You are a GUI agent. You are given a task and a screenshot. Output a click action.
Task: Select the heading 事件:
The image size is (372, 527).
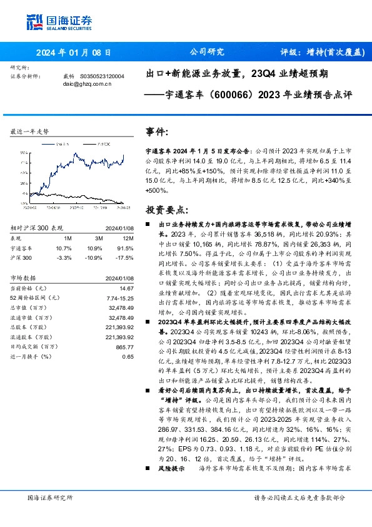coord(157,132)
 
